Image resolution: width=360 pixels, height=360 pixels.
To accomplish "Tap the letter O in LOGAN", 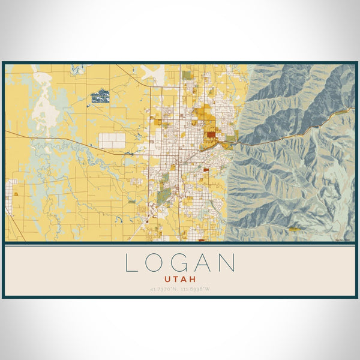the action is click(155, 263).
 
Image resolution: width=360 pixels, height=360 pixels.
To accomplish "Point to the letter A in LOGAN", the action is click(205, 263).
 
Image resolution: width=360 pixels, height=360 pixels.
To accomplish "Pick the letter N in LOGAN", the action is click(229, 263).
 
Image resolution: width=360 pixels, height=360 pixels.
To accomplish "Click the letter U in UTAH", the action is click(166, 279).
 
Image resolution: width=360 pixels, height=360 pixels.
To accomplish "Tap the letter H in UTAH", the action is click(193, 279).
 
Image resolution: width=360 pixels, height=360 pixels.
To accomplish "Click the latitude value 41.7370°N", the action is click(165, 290).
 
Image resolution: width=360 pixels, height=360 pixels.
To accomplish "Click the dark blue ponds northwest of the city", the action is click(100, 95).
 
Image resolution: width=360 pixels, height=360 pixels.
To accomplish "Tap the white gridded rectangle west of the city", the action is click(112, 140).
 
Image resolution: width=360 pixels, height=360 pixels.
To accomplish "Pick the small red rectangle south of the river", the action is click(206, 170).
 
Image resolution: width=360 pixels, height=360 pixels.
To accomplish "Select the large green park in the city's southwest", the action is click(163, 196).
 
